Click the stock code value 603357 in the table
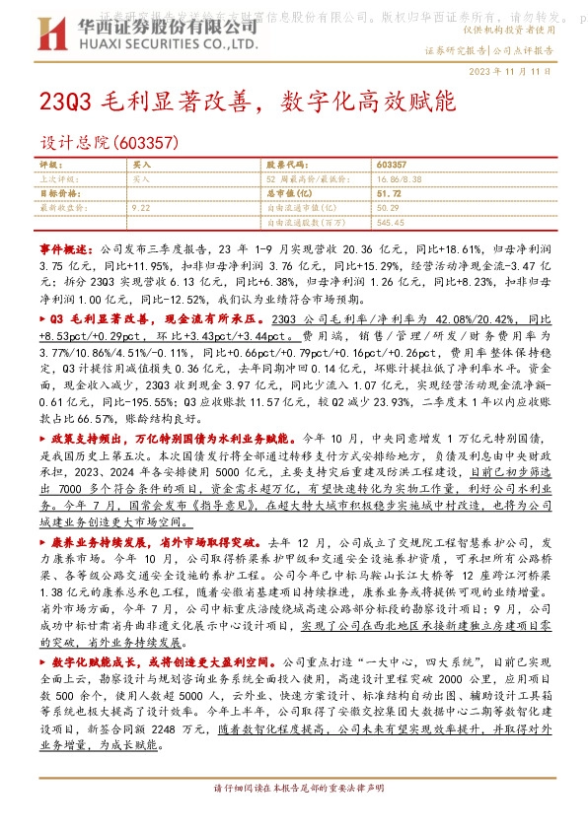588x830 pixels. [393, 165]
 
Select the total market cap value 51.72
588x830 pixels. [388, 194]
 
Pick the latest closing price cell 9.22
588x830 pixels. [140, 209]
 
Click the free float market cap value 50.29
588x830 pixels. [388, 209]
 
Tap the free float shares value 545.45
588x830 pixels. [391, 223]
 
